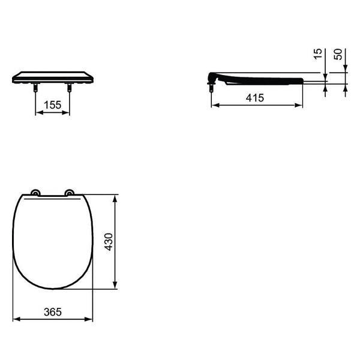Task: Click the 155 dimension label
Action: coord(53,105)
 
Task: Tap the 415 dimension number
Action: coord(255,98)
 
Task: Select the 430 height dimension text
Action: coord(109,242)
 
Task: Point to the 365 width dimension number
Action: coord(53,312)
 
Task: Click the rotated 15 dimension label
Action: coord(318,54)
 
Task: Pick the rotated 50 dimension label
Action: coord(338,54)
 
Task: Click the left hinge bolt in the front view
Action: coord(35,88)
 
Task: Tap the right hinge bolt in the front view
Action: coord(70,88)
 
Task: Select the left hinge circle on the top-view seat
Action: coord(35,193)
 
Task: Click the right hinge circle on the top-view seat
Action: coord(70,193)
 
